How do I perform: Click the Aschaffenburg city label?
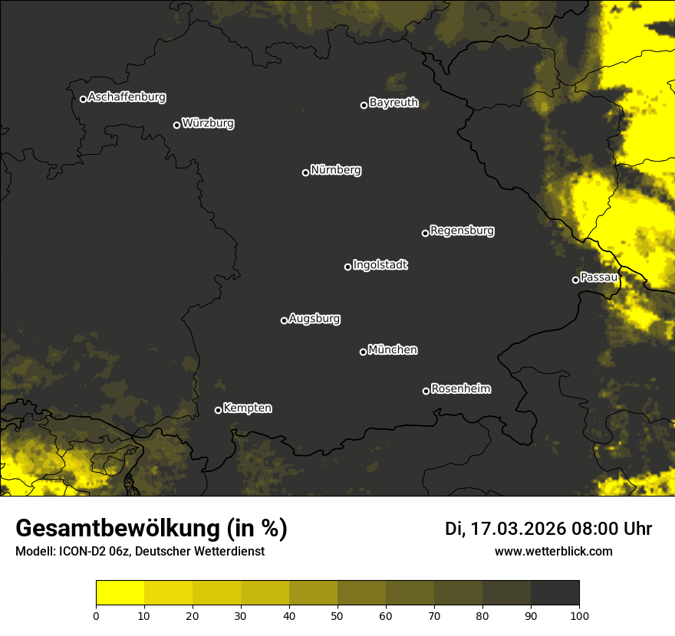127,97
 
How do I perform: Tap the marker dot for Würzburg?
176,125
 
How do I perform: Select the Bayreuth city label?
393,103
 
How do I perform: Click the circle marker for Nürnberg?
305,172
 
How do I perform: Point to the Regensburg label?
462,231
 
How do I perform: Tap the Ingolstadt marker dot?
347,267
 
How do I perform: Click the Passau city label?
599,277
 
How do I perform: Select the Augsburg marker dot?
284,320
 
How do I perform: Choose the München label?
393,350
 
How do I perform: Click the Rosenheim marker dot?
426,392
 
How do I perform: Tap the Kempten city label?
247,408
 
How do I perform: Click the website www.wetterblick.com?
553,551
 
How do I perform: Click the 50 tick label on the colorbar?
337,615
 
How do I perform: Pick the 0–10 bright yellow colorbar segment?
120,593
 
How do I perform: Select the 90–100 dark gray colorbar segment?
555,593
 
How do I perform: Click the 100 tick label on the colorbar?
579,615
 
